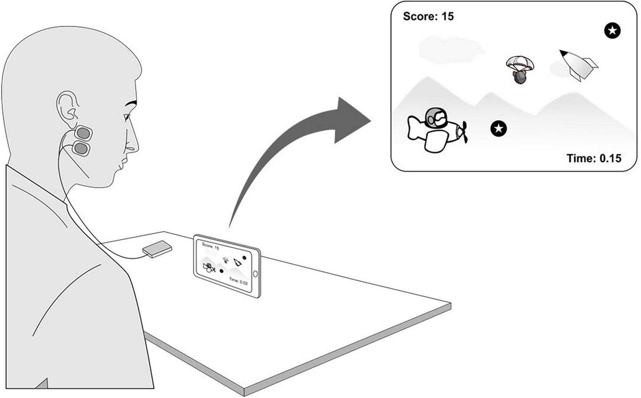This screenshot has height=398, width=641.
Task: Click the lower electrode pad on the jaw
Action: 81,148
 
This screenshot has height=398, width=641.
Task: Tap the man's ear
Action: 67,107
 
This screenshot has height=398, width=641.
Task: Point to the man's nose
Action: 133,145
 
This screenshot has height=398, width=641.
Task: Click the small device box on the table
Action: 157,249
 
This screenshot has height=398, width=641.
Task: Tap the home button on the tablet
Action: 255,274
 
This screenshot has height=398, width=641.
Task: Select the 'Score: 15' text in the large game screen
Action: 428,16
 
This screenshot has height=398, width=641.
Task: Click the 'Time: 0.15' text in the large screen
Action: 593,158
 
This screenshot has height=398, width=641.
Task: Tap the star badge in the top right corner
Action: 612,31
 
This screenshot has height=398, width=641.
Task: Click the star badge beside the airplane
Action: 498,129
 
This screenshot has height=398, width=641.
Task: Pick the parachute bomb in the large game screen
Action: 520,69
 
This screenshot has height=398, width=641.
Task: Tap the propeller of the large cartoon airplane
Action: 463,132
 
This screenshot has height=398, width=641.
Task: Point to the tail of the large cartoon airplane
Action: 414,128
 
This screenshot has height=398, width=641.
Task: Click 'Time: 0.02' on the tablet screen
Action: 238,281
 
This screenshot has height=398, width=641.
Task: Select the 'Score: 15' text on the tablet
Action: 210,246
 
